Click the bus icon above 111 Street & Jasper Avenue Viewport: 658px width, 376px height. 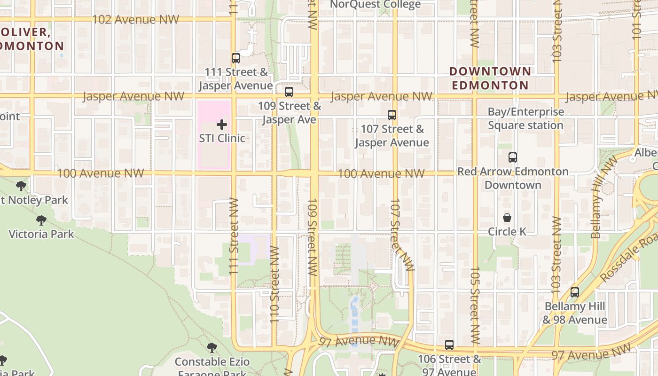[236, 58]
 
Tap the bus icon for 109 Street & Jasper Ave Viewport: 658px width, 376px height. [289, 92]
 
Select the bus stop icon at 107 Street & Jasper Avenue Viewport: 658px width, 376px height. [392, 115]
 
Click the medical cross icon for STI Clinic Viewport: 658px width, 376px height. [222, 125]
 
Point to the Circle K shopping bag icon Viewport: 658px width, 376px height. [507, 218]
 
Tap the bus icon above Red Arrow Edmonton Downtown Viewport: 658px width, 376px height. [513, 157]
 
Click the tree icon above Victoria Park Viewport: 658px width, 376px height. [41, 220]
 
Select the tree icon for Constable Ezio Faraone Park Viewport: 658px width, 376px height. [212, 348]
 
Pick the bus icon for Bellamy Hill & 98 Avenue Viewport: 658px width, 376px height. [574, 292]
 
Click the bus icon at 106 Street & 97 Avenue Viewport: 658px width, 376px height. [449, 345]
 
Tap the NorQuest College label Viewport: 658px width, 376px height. [375, 5]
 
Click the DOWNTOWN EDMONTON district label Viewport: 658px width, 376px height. [490, 78]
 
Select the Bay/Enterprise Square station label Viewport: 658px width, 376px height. [525, 118]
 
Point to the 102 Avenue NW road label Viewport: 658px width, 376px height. [135, 19]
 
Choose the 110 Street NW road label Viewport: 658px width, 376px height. [275, 284]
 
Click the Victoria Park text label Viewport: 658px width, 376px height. [41, 234]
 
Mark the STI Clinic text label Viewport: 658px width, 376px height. [222, 138]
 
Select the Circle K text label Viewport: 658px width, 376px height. [507, 232]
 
